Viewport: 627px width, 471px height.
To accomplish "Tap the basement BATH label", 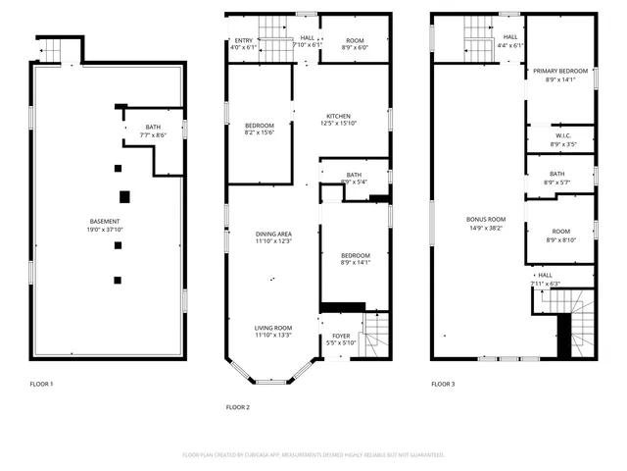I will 153,127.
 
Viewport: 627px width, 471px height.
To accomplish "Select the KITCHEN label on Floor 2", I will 339,116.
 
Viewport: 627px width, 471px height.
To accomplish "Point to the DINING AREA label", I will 274,234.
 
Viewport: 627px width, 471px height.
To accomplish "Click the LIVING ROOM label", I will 274,328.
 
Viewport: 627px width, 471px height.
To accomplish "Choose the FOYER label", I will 341,336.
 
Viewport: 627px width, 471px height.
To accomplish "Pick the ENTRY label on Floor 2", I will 241,40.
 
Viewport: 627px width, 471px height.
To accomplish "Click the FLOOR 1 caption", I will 41,384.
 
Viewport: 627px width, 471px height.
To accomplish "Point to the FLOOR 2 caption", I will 238,406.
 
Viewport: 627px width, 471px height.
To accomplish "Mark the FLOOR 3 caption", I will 443,384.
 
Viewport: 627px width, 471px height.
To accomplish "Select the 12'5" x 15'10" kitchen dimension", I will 339,124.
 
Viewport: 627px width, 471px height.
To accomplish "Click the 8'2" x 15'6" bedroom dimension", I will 260,133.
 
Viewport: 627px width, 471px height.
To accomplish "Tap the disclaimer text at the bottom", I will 313,454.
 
